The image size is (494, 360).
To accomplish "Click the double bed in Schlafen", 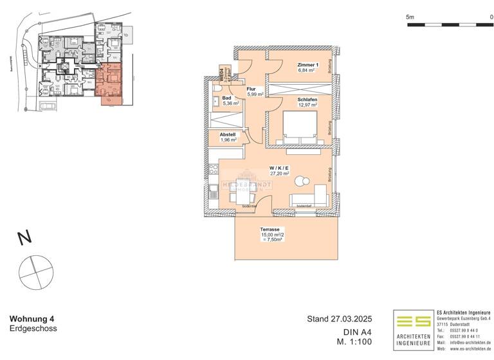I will pyautogui.click(x=300, y=129).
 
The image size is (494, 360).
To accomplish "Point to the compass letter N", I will pyautogui.click(x=24, y=239).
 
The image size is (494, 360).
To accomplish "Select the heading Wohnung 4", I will pyautogui.click(x=32, y=318).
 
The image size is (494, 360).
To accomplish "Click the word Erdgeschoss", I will pyautogui.click(x=33, y=328).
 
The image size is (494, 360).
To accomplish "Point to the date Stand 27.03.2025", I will pyautogui.click(x=340, y=318).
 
